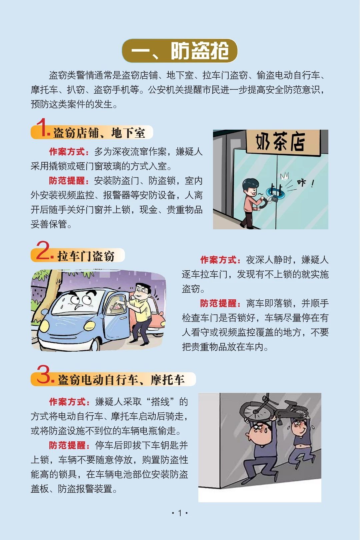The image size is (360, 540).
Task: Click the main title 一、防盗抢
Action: pos(180,51)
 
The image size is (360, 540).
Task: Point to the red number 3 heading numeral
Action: pos(44,374)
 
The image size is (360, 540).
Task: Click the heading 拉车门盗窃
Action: pos(86,256)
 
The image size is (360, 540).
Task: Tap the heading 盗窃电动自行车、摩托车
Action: pos(121,380)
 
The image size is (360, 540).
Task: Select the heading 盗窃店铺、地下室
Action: pos(99,133)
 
